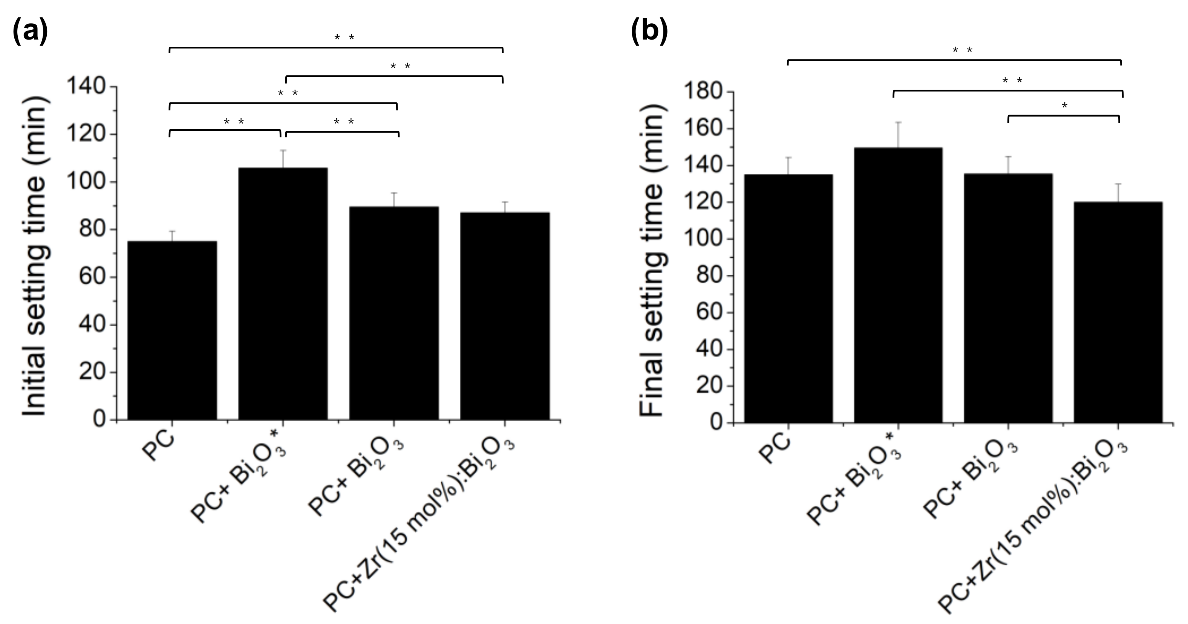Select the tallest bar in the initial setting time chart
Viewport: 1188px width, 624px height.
pos(283,294)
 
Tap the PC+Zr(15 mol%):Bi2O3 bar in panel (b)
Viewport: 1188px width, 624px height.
pos(1118,312)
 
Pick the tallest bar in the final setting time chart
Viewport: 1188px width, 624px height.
pos(898,285)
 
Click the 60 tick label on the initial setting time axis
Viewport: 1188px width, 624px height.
pos(92,277)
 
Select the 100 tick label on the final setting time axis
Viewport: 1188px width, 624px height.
pos(704,239)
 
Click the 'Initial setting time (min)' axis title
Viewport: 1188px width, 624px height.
pos(35,255)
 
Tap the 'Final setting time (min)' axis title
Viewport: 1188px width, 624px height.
pos(652,261)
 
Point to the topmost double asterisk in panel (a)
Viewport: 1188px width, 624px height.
pos(344,37)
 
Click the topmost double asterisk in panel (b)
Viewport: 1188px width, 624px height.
pos(963,50)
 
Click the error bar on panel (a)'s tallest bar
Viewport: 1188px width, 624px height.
pos(283,159)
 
